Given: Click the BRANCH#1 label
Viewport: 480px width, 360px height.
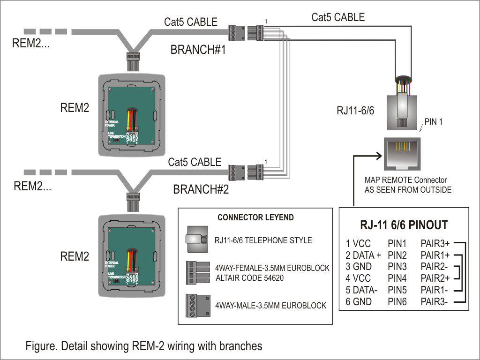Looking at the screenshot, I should pyautogui.click(x=198, y=50).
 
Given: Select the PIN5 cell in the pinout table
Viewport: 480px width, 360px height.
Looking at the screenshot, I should pyautogui.click(x=397, y=290).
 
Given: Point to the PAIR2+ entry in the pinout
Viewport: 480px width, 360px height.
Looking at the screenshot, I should pyautogui.click(x=435, y=278).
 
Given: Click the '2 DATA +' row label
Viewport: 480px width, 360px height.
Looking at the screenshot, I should pyautogui.click(x=364, y=255).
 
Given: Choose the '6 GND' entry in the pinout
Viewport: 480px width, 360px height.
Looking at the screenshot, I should pyautogui.click(x=359, y=302).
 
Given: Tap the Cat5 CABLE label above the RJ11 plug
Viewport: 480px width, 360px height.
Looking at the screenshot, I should pyautogui.click(x=338, y=18).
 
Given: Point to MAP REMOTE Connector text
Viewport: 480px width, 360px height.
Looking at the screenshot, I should pyautogui.click(x=405, y=180).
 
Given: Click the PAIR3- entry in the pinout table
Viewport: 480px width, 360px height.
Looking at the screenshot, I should pyautogui.click(x=434, y=302).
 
